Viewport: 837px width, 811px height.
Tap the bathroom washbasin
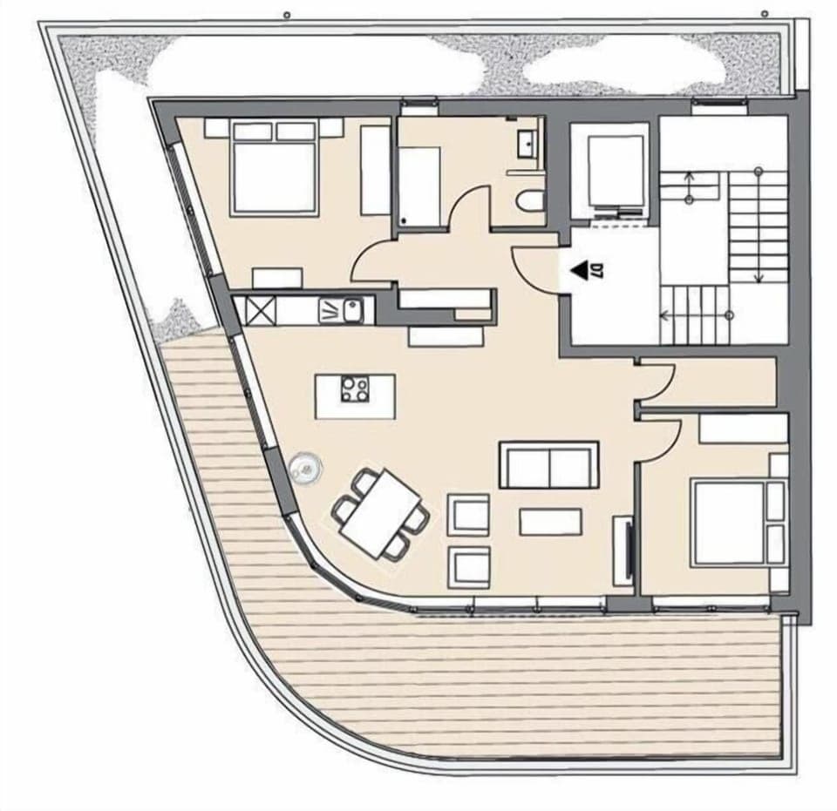(528, 142)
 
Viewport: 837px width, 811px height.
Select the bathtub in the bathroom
(419, 186)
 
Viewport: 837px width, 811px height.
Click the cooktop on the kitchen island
(355, 389)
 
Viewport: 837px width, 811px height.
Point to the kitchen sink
(352, 308)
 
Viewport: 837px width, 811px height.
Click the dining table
(380, 513)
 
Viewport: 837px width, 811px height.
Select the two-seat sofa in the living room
(548, 465)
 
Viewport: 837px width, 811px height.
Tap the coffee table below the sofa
(550, 521)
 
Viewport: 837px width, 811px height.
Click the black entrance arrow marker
(578, 272)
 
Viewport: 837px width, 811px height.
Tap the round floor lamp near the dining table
(306, 470)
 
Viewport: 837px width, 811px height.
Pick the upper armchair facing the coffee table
(468, 514)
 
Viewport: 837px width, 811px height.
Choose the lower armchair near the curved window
(468, 567)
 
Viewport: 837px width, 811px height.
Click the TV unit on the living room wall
(623, 550)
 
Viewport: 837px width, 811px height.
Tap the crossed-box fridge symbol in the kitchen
(261, 309)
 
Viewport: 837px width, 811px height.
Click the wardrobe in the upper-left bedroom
(375, 170)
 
